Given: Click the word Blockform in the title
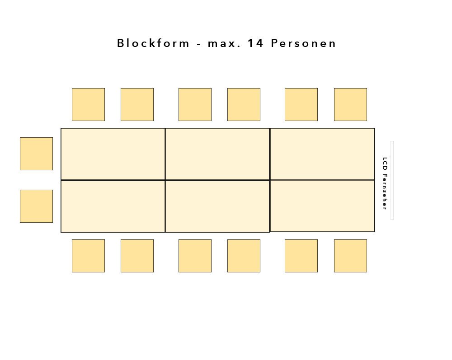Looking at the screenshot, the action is coord(153,43).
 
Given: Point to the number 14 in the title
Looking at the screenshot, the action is coord(255,43).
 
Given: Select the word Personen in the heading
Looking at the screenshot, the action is coord(303,43).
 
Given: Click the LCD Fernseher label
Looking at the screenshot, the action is coord(385,183).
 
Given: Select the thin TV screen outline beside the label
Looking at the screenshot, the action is coord(392,180).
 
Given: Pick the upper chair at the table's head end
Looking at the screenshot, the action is coord(36,154).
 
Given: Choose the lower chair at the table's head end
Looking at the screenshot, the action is coord(36,206).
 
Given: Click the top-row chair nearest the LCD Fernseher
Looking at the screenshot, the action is coord(351,104).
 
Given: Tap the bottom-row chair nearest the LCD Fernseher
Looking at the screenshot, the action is coord(351,256).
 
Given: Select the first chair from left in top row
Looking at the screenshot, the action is coord(88,104).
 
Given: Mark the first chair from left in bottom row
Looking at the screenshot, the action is coord(88,256).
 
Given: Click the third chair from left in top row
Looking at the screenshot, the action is coord(195,104).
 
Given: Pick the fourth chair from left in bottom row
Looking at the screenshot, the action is coord(244,256).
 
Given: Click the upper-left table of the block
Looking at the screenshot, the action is coord(113,154).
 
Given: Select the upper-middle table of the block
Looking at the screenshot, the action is coord(218,154).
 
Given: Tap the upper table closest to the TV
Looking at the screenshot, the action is coord(322,154).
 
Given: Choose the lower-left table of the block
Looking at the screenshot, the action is coord(113,206).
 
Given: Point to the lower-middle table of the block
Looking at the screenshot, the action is coord(218,206).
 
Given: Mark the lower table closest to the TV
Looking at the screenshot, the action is coord(322,206).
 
